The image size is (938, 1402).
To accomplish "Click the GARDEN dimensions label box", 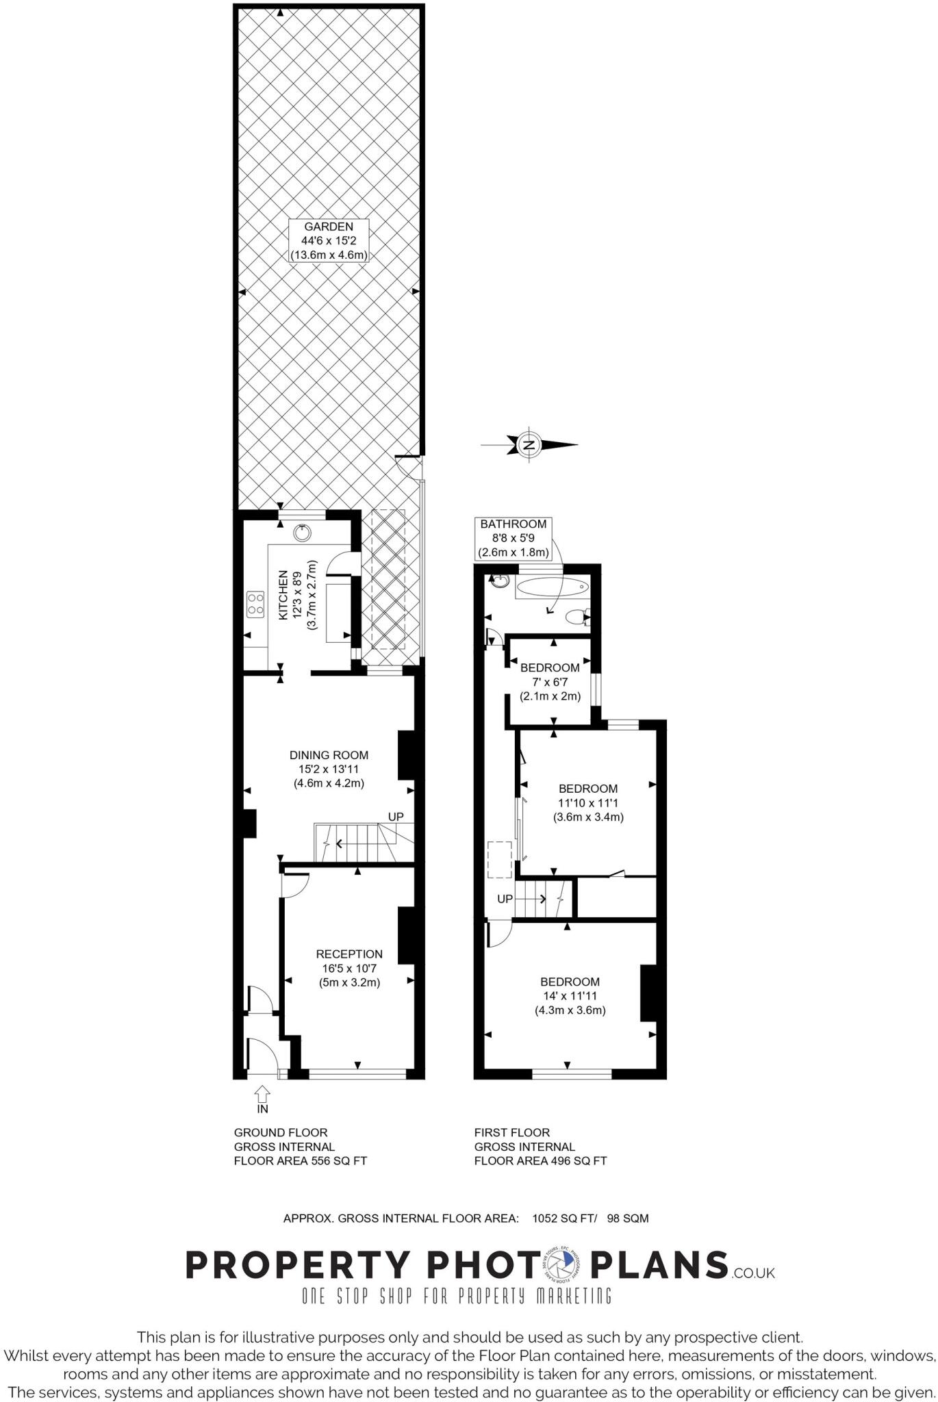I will click(329, 240).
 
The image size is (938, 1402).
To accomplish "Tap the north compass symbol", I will click(529, 444).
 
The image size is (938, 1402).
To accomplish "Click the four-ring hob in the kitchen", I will click(255, 604).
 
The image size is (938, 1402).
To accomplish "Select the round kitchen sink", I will click(302, 532).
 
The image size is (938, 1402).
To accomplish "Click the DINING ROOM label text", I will click(329, 769).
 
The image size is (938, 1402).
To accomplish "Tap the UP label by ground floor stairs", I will click(396, 817).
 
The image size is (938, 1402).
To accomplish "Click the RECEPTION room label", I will click(349, 967).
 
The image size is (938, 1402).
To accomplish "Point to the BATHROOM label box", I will click(514, 537).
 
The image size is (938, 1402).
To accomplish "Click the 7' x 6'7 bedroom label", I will click(550, 682).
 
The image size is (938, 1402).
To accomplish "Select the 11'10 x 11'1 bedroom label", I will click(587, 802).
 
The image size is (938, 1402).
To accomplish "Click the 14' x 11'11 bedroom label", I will click(570, 995).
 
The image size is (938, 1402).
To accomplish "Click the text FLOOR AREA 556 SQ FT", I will click(301, 1160).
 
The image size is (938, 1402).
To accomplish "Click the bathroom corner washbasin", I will click(498, 581).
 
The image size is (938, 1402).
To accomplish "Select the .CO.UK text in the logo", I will click(752, 1273).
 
